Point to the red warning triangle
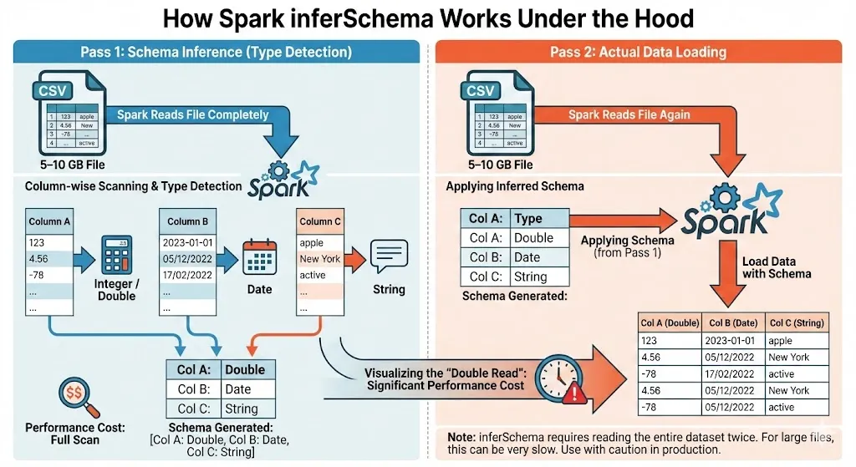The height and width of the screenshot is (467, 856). click(574, 393)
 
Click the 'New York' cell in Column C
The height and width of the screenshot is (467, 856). click(319, 258)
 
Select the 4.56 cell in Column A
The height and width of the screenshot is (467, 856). click(50, 258)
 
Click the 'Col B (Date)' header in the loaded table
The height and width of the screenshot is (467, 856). click(726, 323)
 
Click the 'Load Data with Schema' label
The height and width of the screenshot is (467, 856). click(776, 267)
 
